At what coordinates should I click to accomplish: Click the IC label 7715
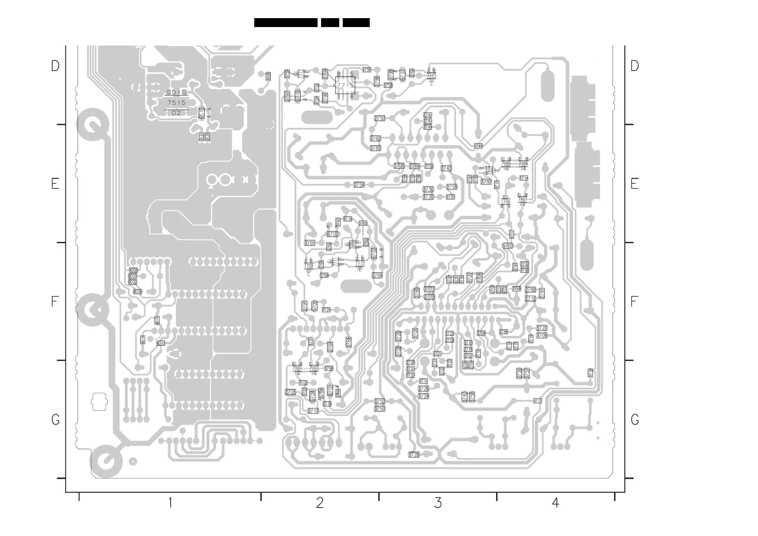pos(345,85)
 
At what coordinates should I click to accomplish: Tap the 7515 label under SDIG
pos(176,103)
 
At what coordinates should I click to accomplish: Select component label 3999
pos(268,76)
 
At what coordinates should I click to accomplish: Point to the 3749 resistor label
pos(478,146)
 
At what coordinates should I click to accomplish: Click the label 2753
pos(379,118)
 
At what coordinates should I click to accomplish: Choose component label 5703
pos(508,246)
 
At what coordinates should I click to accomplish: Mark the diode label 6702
pos(333,234)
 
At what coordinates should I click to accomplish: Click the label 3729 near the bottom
pos(414,455)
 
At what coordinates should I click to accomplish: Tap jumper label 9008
pos(137,292)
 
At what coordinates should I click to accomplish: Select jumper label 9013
pos(161,343)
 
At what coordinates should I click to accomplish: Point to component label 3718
pos(590,373)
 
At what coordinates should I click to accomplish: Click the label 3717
pos(537,401)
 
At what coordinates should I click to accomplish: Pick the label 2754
pos(359,185)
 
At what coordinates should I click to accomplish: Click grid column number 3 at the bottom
pos(438,503)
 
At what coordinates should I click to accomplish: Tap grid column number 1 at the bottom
pos(170,503)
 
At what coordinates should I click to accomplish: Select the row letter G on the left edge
pos(55,420)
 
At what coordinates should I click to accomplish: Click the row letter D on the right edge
pos(635,66)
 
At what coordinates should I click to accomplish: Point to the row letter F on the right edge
pos(634,301)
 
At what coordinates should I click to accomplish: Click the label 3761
pos(309,243)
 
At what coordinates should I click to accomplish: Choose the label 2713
pos(313,411)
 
